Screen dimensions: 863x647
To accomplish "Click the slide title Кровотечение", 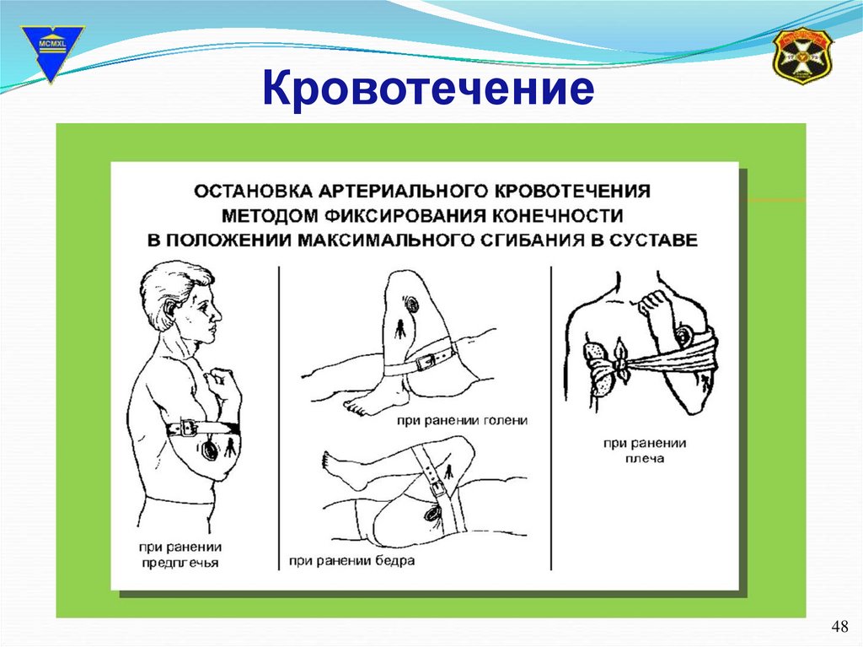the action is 427,88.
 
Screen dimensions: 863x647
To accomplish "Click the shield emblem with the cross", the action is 802,57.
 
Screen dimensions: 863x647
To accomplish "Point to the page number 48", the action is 840,626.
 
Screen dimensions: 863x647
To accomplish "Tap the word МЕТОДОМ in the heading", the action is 270,216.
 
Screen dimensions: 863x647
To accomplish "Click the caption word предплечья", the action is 180,563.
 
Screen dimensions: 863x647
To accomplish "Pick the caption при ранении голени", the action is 462,420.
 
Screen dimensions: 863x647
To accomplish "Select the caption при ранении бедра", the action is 351,561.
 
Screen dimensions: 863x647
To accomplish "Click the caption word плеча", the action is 645,458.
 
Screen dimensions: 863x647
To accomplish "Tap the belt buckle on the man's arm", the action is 187,427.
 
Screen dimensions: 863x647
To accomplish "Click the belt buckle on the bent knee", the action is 425,363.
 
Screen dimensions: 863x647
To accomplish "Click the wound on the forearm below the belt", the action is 209,449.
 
